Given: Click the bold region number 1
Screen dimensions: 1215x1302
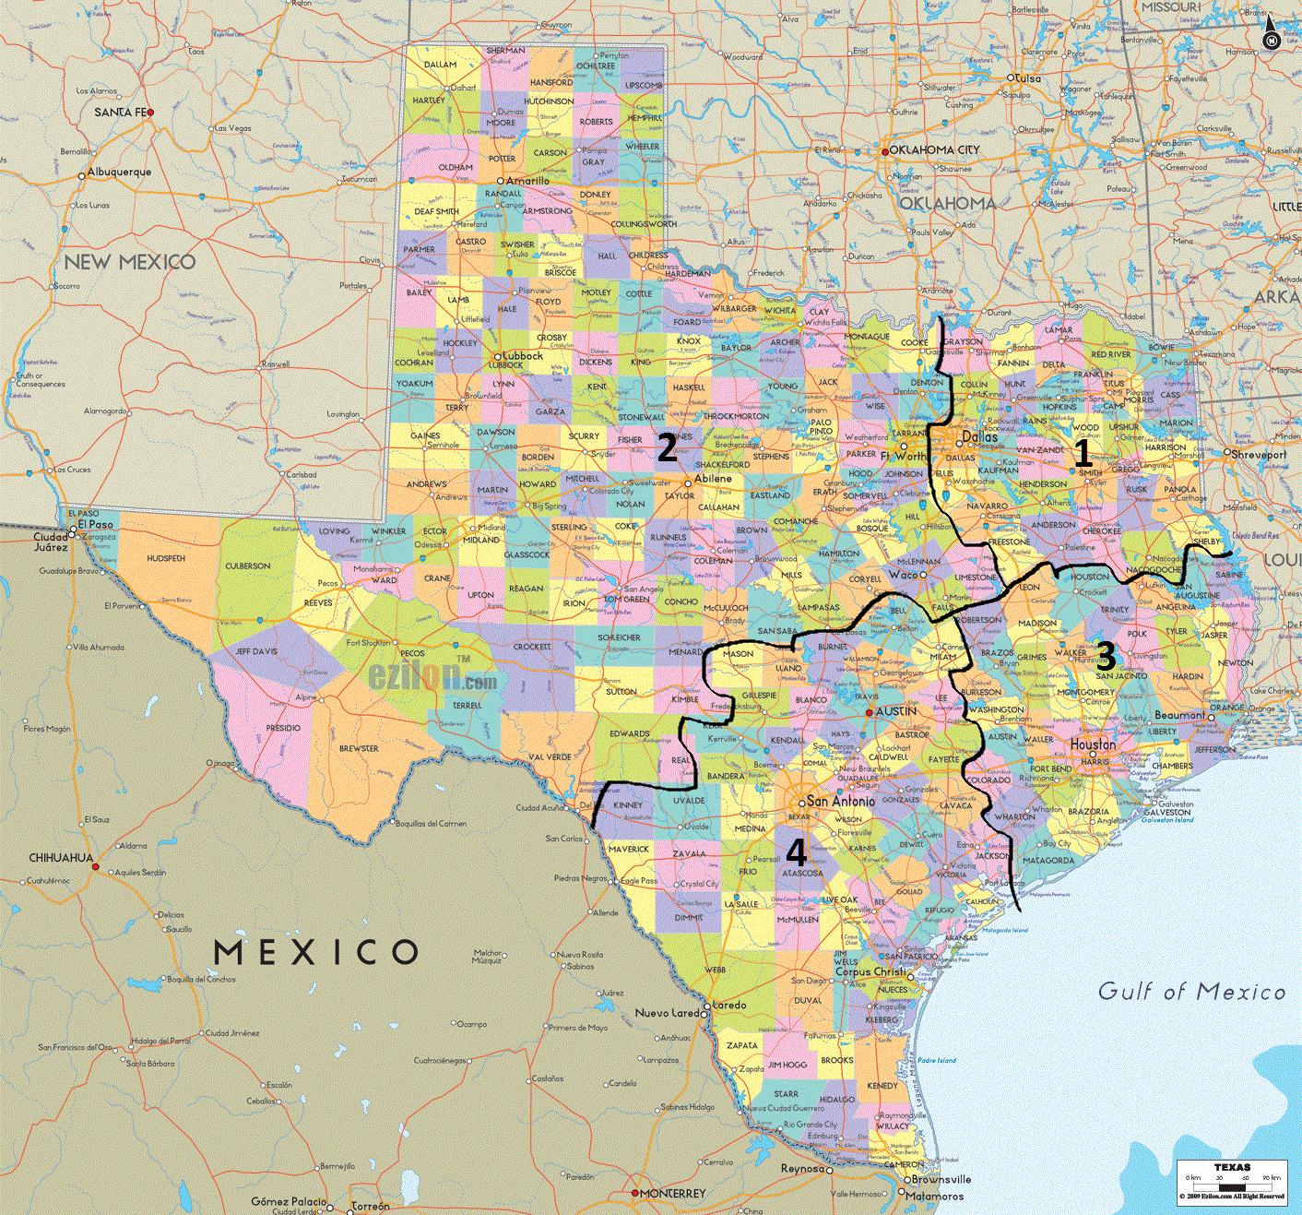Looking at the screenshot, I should coord(1083,453).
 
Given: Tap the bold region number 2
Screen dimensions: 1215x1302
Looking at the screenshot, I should coord(667,448).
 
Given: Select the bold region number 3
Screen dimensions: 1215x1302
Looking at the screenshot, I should coord(1105,656).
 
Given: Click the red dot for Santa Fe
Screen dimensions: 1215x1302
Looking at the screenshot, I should coord(150,113).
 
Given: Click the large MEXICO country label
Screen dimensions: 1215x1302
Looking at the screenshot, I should coord(315,951).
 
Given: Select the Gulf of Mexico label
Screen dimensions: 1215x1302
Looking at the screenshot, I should coord(1191,992).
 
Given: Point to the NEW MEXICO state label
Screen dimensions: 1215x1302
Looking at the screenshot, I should coord(129,262).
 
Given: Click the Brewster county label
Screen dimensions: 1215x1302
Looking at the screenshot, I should coord(359,748).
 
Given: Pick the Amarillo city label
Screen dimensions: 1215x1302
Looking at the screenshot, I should coord(527,182).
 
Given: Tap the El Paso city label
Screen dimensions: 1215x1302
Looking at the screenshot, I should coord(95,523).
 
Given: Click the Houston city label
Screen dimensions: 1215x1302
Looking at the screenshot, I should coord(1093,744).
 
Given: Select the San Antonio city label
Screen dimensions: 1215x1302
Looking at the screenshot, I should coord(840,802).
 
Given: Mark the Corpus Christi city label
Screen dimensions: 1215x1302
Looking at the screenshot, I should coord(871,972).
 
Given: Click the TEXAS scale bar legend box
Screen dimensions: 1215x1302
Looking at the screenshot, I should coord(1231,1179).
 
